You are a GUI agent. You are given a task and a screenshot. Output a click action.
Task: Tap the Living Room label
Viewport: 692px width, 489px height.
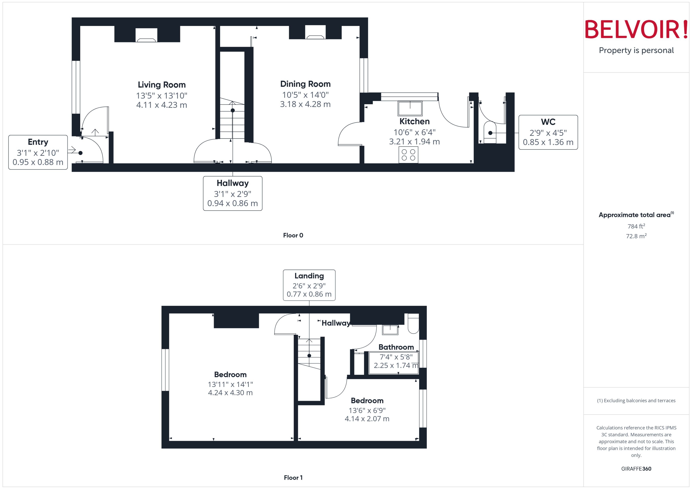tap(162, 85)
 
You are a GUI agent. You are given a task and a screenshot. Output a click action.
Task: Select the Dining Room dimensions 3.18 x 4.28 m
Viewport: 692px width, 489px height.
tap(305, 104)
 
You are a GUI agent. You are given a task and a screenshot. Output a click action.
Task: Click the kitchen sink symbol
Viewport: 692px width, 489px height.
tap(410, 108)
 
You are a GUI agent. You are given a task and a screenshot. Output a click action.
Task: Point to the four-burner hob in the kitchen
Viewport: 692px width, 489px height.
tap(408, 155)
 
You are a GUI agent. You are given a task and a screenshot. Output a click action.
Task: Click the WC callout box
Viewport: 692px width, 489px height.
tap(548, 132)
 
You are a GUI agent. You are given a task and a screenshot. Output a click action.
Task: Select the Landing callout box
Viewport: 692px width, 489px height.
tap(309, 285)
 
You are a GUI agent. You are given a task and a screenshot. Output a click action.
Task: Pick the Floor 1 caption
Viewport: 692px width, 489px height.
tap(293, 478)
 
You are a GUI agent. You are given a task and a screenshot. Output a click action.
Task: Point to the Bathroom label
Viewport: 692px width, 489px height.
tap(396, 347)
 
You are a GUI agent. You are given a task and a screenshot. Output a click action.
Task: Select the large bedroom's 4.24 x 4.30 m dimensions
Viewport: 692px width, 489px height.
tap(230, 393)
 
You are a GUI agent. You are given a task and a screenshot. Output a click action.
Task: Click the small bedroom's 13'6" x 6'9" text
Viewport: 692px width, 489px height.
tap(367, 410)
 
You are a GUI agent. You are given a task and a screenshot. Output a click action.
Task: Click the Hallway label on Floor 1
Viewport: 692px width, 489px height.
tap(336, 323)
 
